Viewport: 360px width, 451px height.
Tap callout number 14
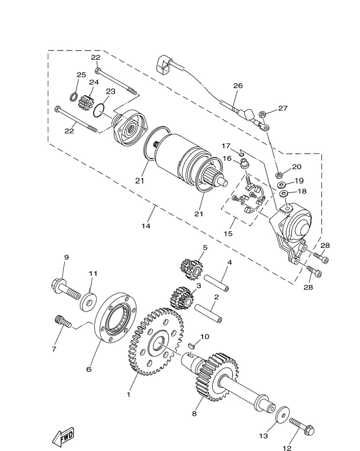tap(146, 226)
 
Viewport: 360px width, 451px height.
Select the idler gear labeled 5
tap(191, 269)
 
